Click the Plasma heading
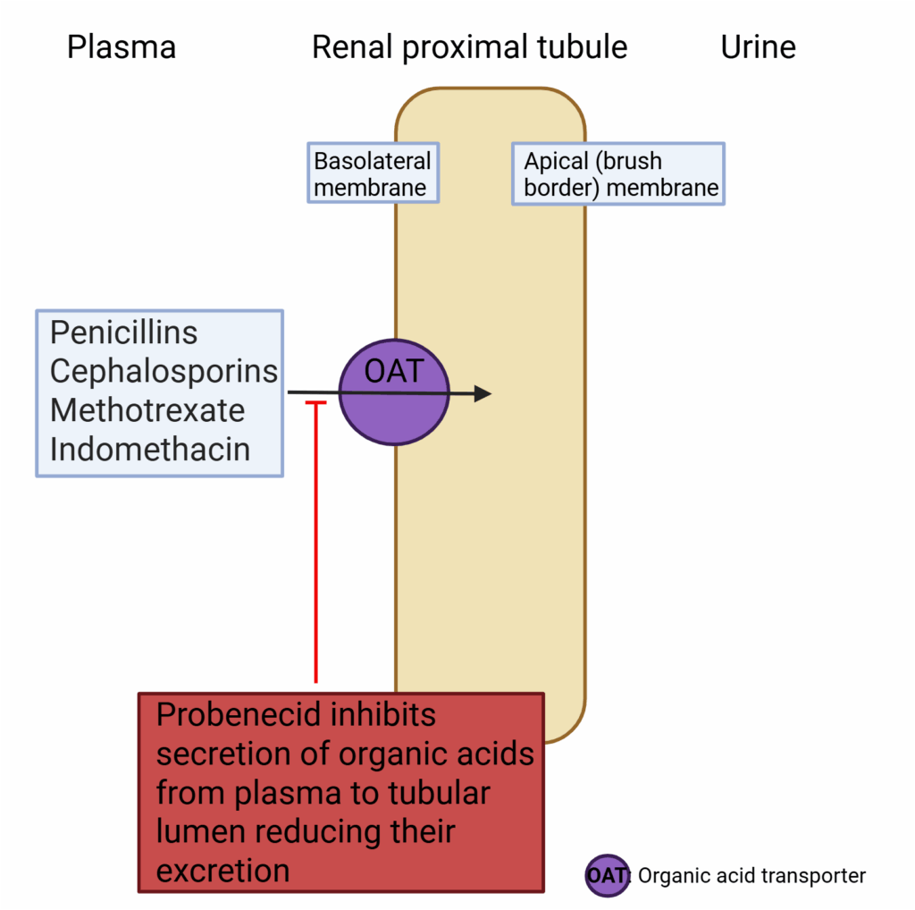(x=122, y=47)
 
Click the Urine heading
(x=758, y=47)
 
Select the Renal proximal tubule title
(x=469, y=47)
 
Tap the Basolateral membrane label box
(x=373, y=173)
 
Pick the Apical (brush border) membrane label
(x=618, y=173)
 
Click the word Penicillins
(x=123, y=333)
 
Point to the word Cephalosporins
(x=164, y=371)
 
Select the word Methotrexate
(x=147, y=410)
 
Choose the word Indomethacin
(x=150, y=449)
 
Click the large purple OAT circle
(x=393, y=392)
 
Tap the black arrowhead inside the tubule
(x=483, y=393)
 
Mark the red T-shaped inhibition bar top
(x=316, y=405)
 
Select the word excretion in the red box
(x=222, y=870)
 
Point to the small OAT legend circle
(x=608, y=875)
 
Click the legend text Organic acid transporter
(x=751, y=876)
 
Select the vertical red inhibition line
(x=316, y=545)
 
